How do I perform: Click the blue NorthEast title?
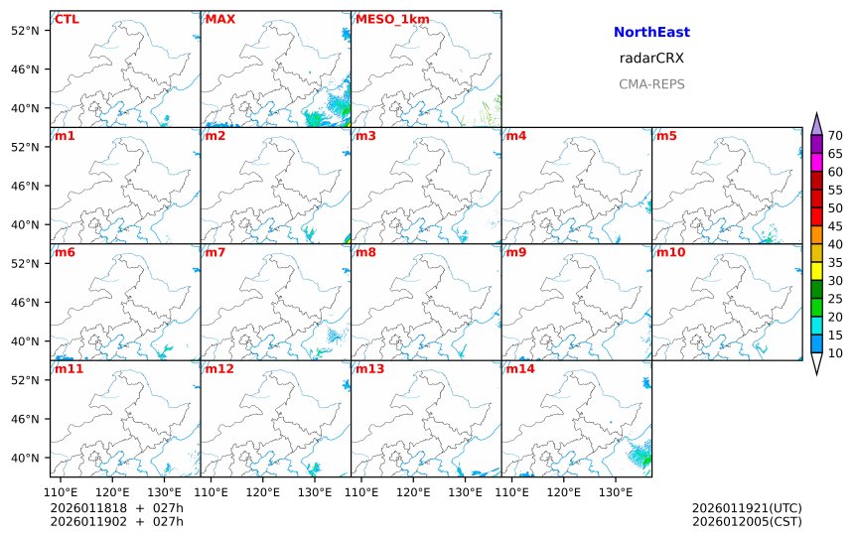651,33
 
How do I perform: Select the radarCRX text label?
651,59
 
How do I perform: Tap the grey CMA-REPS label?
651,84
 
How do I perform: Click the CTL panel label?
66,20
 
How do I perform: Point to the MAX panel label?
219,20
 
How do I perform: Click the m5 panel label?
666,136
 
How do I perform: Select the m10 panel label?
670,252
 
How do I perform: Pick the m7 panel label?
215,252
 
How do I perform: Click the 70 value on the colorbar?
835,136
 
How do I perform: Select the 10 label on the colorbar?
835,353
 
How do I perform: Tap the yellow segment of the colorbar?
816,270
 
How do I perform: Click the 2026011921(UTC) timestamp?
746,508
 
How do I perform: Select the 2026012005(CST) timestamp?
746,522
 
